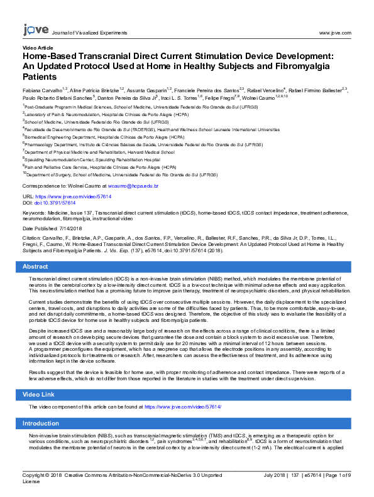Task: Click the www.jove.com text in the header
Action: click(x=334, y=32)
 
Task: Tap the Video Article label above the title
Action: click(x=38, y=48)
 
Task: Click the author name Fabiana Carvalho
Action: click(x=43, y=90)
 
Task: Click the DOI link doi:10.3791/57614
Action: click(x=56, y=203)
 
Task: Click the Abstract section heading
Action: click(x=35, y=267)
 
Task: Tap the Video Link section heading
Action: click(x=39, y=393)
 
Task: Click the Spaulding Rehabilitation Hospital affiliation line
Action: click(x=94, y=159)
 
